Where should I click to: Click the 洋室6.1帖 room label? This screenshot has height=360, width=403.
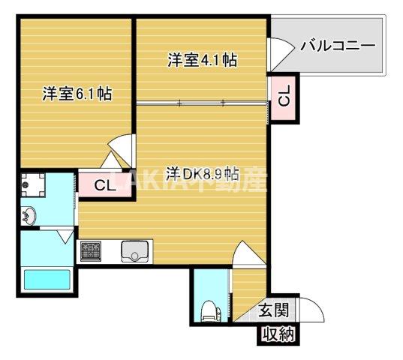77,94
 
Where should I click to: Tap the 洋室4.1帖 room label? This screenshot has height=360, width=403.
202,61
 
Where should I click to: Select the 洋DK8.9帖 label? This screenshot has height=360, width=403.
203,174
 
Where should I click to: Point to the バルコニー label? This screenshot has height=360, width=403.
338,46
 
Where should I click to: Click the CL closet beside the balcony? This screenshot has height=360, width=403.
283,97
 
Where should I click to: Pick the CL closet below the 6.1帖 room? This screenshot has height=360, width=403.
105,186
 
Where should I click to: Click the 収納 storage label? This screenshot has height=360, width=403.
278,335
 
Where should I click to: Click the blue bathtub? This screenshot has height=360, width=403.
47,279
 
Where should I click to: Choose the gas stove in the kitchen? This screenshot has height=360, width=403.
93,250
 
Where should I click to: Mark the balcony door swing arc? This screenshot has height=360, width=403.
279,52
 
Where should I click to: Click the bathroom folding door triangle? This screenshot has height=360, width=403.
65,238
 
